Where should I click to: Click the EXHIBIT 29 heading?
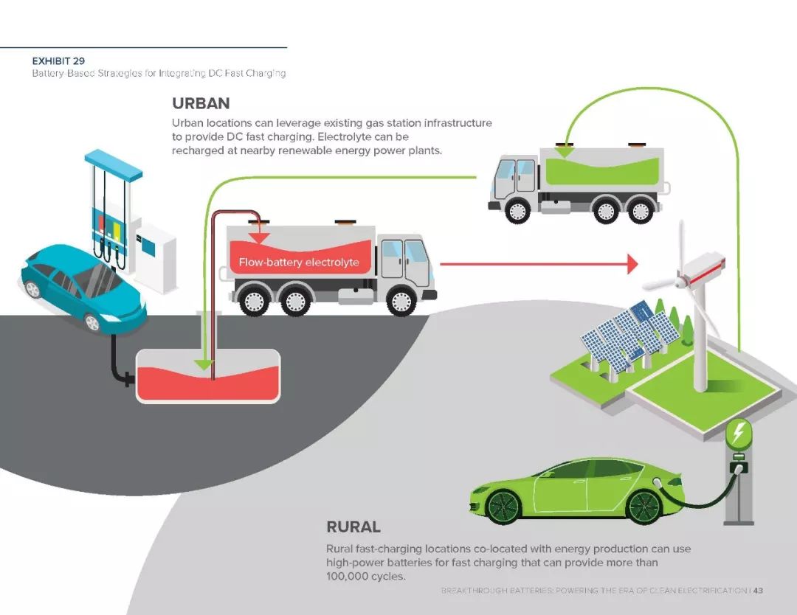coord(58,61)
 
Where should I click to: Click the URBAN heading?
coord(201,103)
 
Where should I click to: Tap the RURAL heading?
coord(353,527)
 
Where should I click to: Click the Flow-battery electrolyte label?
coord(299,263)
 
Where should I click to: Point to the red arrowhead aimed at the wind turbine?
coord(632,264)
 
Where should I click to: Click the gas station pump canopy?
coord(114,164)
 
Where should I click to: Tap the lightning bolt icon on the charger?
coord(739,433)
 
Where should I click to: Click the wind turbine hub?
coord(682,279)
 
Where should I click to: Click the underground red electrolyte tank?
coord(208,376)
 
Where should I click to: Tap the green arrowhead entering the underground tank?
coord(204,364)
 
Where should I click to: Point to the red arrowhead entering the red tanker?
coord(260,237)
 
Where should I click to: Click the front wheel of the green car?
coord(503,507)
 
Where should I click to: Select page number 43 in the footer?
coord(758,590)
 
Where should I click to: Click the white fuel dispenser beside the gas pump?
coord(156,257)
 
